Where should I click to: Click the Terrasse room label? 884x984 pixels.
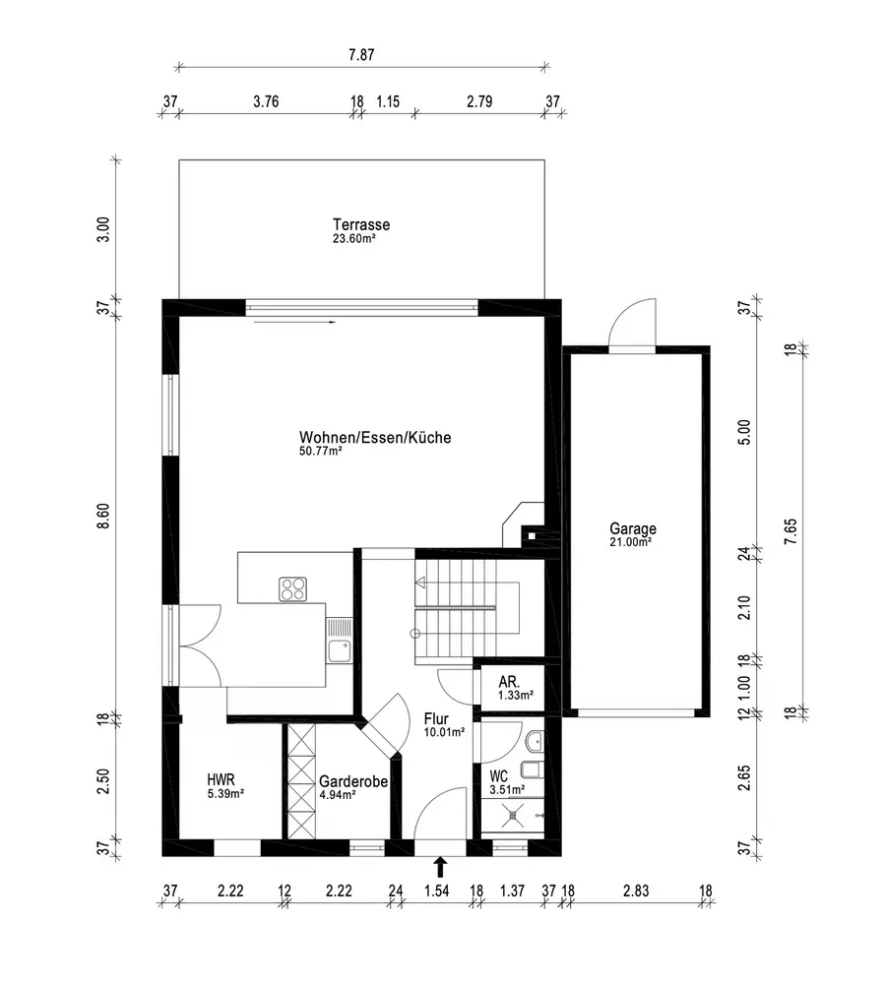pos(361,224)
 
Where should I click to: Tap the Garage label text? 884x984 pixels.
pos(633,528)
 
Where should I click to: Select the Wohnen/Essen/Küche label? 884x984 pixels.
pos(375,437)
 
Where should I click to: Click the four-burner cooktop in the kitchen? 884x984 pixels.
pos(293,589)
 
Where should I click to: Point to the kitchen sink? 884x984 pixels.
pos(339,650)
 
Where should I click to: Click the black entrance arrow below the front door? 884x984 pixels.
pos(440,867)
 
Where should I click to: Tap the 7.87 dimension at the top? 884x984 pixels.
pos(361,54)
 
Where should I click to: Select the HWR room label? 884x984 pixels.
pos(221,779)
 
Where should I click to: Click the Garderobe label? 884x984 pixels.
pos(352,782)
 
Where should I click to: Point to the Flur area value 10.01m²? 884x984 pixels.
pos(444,732)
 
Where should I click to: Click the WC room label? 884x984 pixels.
pos(498,777)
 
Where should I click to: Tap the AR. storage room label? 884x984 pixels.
pos(509,682)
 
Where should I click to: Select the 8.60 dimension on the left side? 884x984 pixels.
pos(103,516)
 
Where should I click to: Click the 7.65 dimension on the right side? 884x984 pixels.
pos(790,530)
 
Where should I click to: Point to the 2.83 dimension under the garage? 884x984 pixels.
pos(635,891)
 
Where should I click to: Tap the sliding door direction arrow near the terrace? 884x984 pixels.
pos(295,322)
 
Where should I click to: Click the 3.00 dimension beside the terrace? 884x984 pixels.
pos(103,229)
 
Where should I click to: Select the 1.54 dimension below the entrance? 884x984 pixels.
pos(437,891)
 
